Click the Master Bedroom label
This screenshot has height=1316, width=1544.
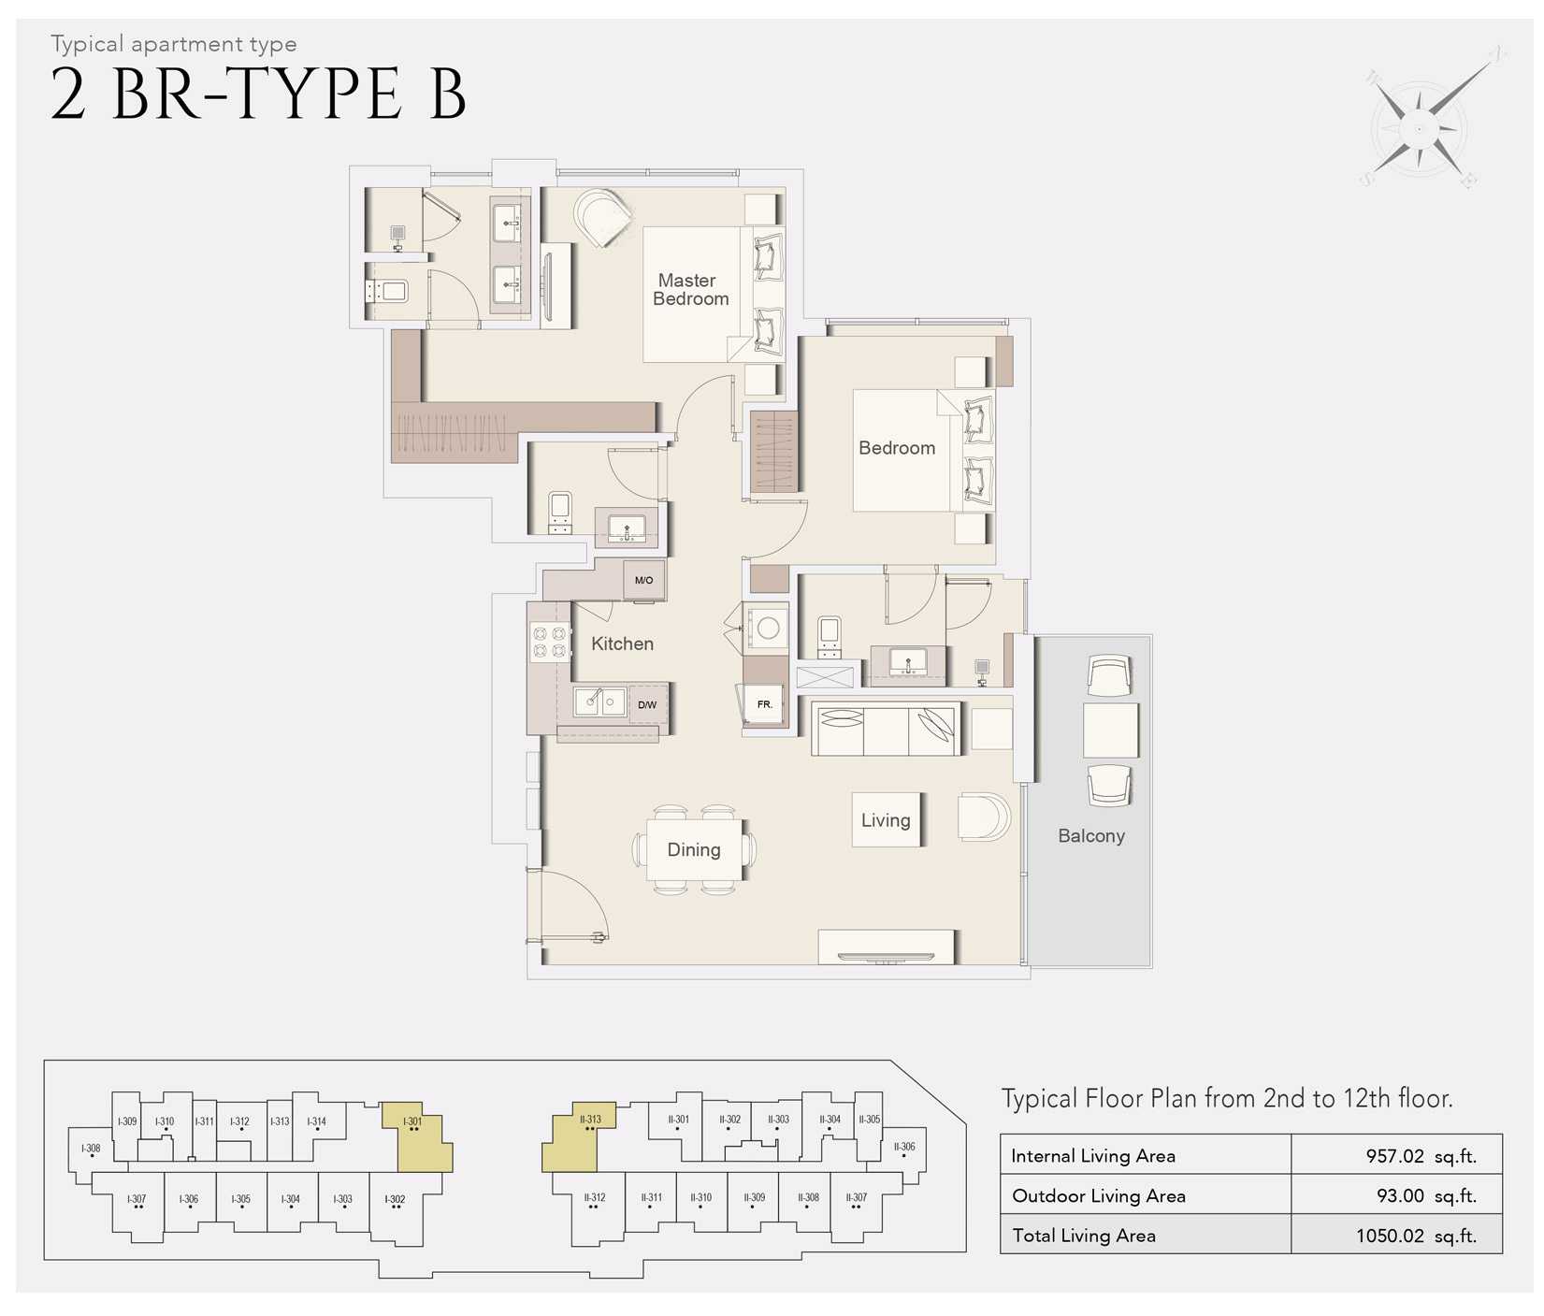tap(690, 289)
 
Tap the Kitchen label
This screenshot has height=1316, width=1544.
tap(622, 644)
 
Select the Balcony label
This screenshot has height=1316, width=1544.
tap(1090, 835)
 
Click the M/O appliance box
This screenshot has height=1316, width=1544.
tap(643, 580)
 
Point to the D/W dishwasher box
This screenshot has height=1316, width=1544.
tap(647, 704)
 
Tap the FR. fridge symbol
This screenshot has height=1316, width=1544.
tap(764, 704)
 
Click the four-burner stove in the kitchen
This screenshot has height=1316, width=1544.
tap(550, 643)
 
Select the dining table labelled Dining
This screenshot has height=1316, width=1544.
tap(694, 849)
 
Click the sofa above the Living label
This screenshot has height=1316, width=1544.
tap(886, 730)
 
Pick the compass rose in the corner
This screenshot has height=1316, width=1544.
tap(1421, 127)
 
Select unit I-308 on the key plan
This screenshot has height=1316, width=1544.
tap(91, 1149)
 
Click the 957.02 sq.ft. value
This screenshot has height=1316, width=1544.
tap(1420, 1155)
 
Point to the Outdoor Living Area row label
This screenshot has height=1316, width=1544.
tap(1098, 1195)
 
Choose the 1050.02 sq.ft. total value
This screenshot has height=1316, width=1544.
tap(1415, 1236)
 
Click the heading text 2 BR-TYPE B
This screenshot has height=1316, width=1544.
tap(257, 94)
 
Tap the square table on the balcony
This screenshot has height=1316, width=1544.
tap(1110, 730)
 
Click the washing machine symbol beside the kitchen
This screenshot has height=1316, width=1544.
tap(768, 629)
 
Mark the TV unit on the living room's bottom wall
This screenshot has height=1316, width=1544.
tap(886, 947)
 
